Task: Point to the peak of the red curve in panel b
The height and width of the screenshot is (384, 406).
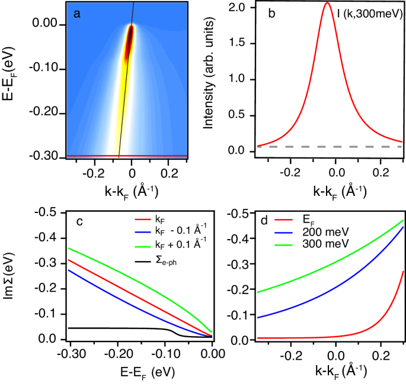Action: click(x=327, y=3)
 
